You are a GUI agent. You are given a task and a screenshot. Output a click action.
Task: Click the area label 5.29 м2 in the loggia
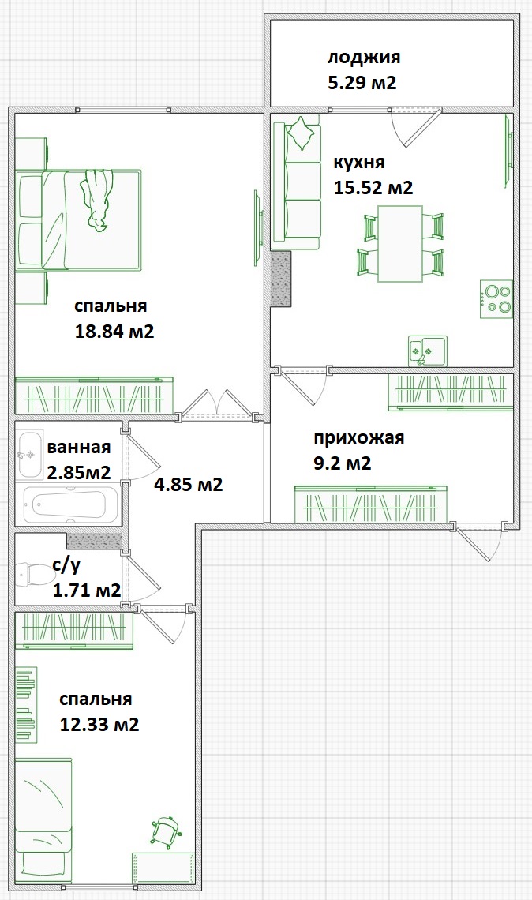pos(362,82)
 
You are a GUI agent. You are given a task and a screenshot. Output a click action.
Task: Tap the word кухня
pos(359,163)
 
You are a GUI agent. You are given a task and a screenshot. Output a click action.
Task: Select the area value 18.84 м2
pos(114,332)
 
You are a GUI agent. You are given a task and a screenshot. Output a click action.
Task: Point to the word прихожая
pos(358,438)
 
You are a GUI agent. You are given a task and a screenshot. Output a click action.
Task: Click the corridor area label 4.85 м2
pos(188,484)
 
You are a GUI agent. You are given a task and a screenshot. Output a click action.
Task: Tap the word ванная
pos(78,448)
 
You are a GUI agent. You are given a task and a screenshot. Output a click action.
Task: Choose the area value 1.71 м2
pos(86,590)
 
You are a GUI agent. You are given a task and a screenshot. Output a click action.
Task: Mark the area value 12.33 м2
pos(99,724)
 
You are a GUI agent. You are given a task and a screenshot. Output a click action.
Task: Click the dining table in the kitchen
pos(400,243)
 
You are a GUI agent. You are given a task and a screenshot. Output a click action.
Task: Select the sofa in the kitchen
pos(298,182)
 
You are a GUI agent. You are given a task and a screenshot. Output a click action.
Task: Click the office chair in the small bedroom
pos(167,831)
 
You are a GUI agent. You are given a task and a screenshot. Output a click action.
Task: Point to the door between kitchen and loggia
pos(415,126)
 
